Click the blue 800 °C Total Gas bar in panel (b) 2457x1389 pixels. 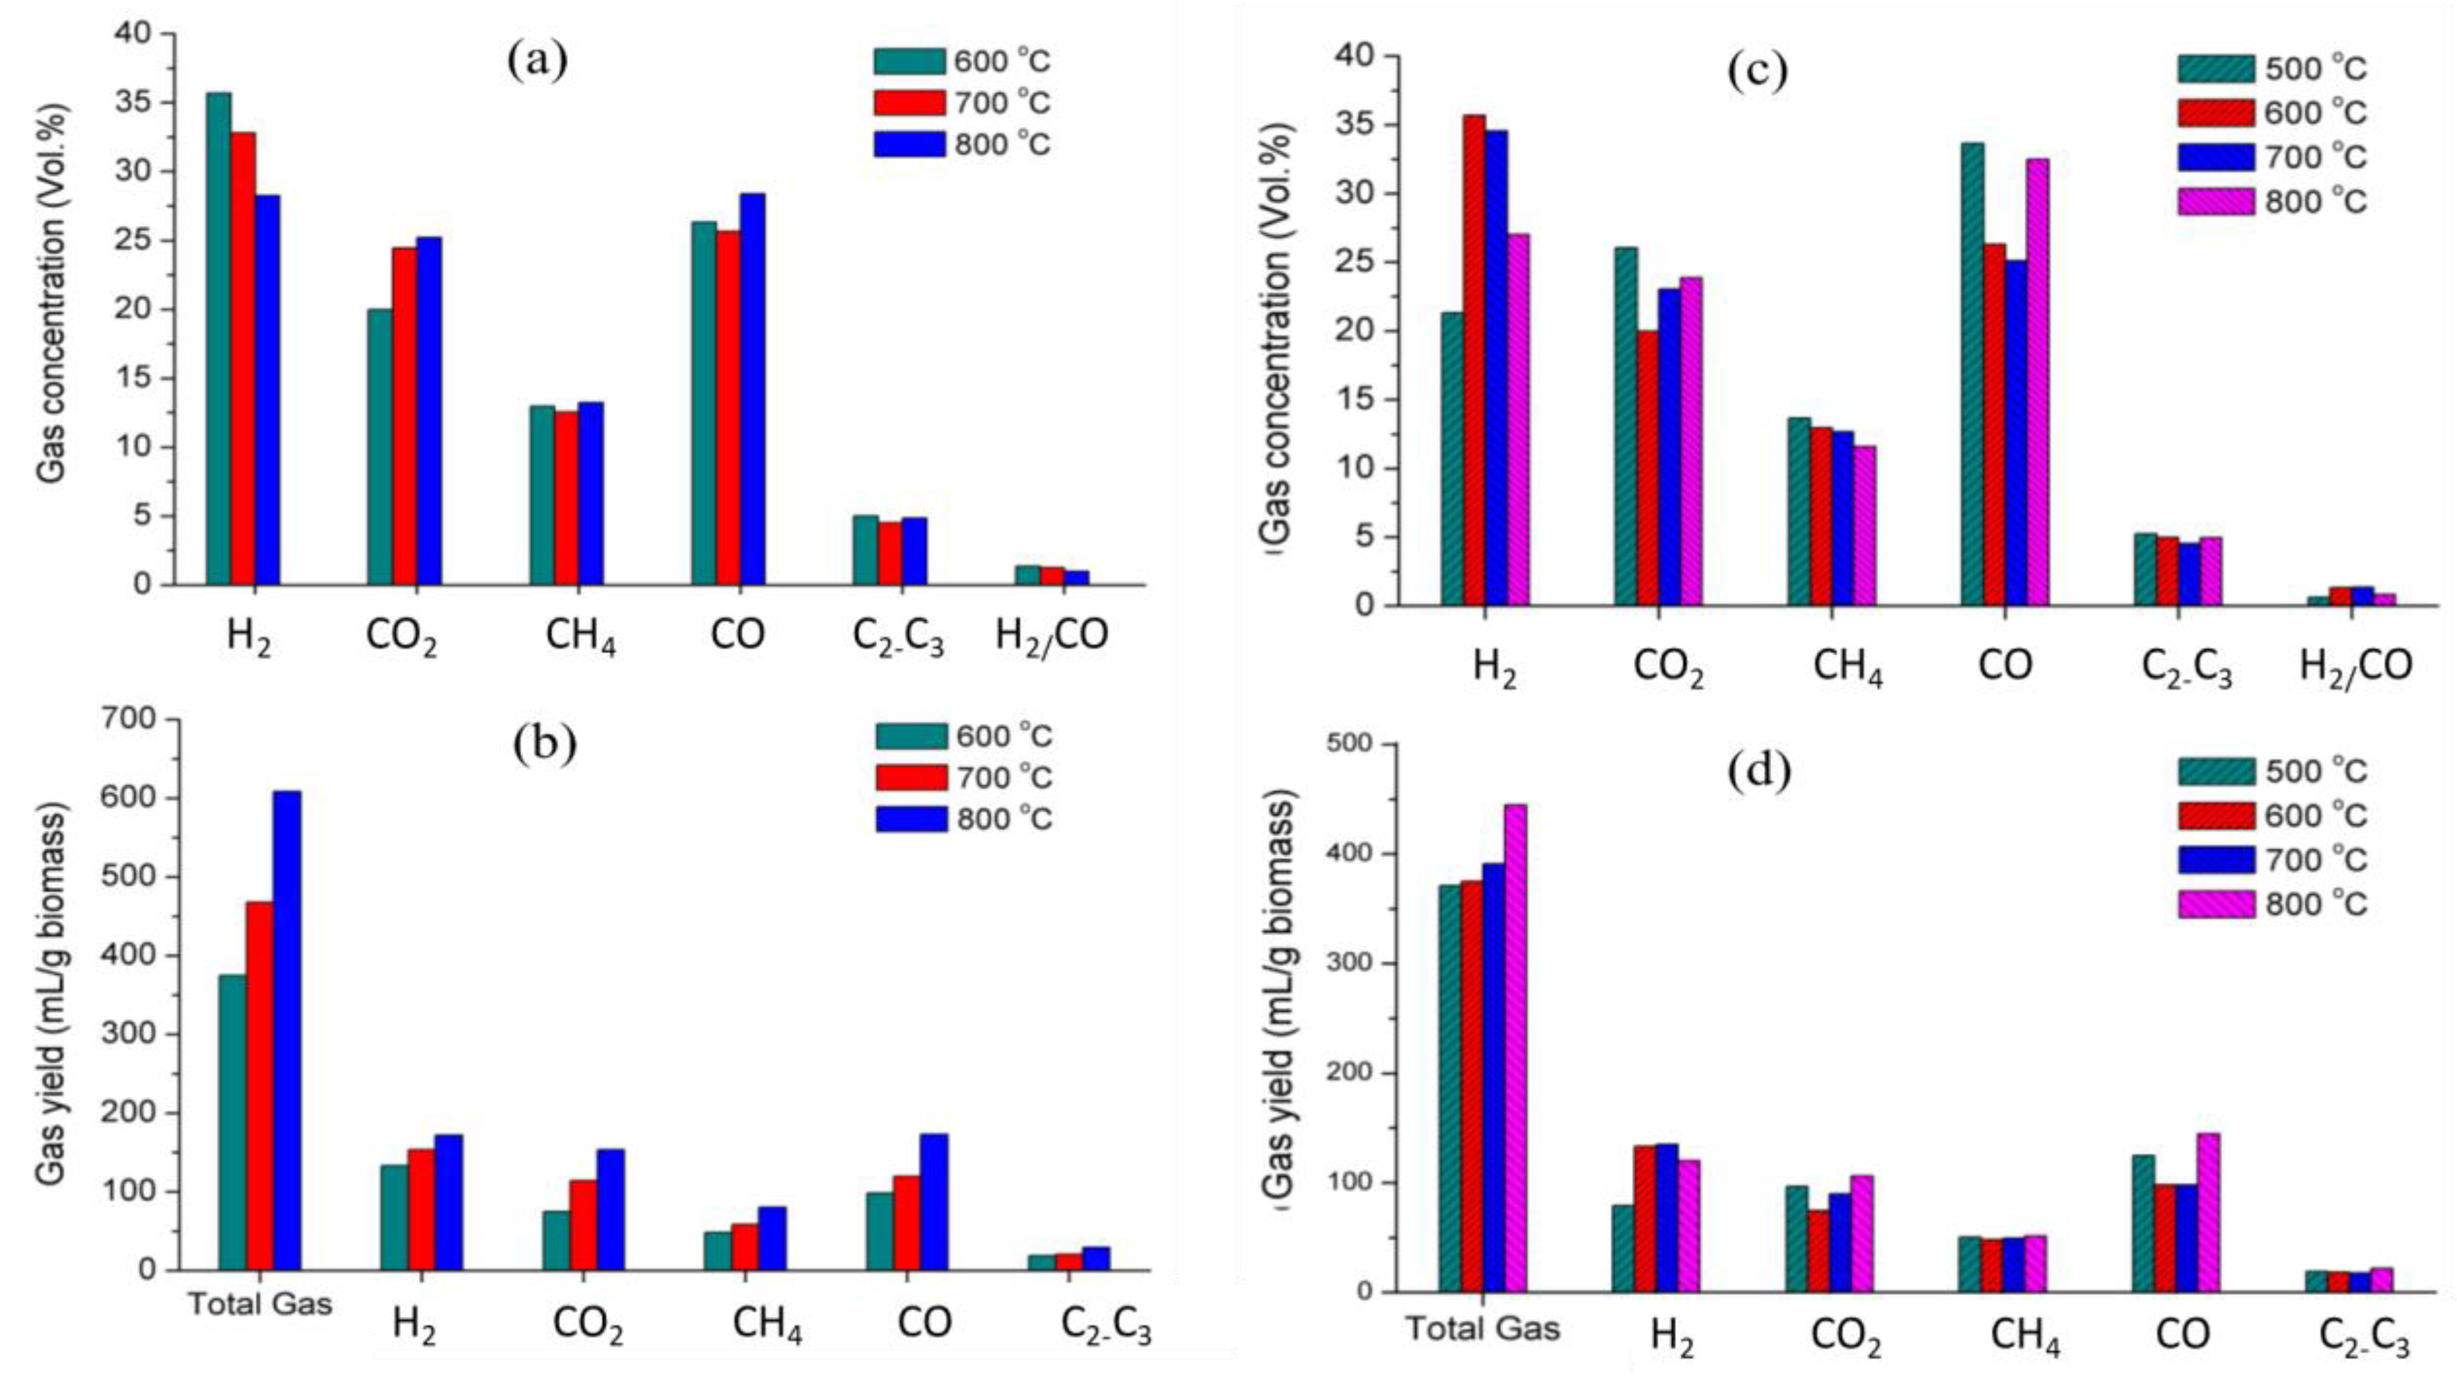click(x=287, y=1030)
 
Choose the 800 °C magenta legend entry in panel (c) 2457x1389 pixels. click(x=2270, y=201)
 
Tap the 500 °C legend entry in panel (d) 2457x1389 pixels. click(x=2270, y=770)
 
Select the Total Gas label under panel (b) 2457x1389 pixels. click(x=260, y=1304)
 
